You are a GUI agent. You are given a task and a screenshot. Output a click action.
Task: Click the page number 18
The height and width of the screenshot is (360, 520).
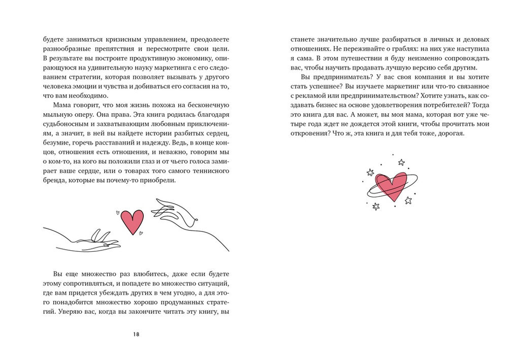coord(136,334)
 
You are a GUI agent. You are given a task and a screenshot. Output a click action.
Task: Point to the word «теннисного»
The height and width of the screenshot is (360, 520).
coord(209,170)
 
